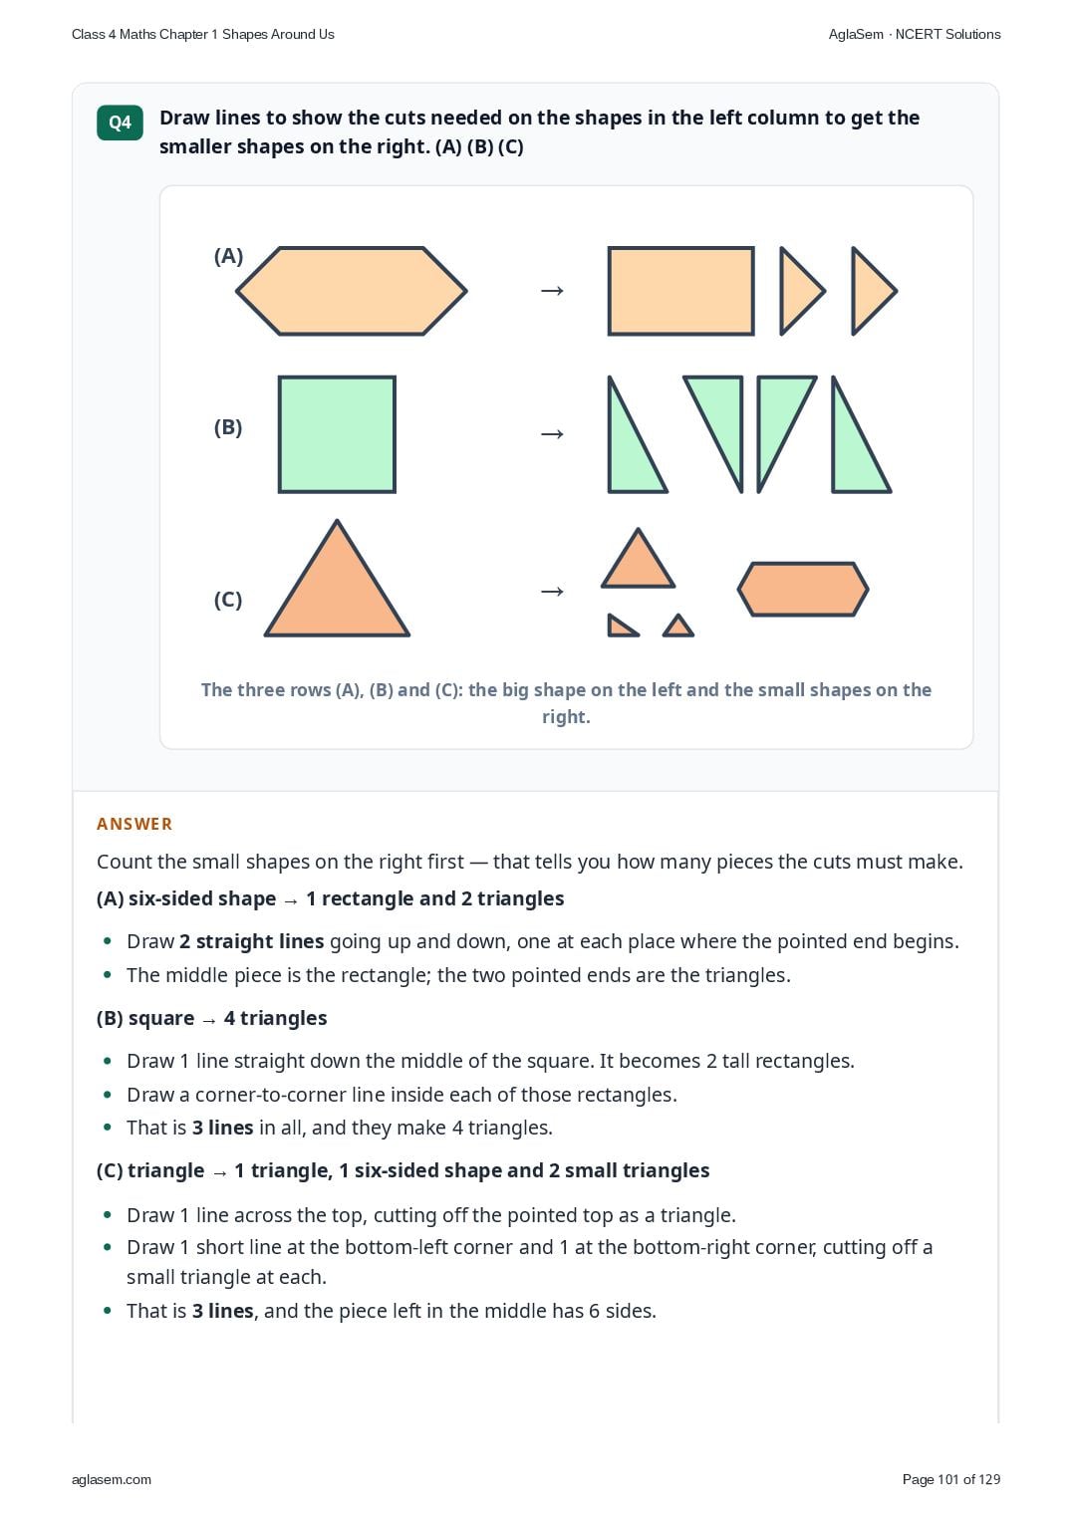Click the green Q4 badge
[120, 123]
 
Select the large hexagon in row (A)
[352, 291]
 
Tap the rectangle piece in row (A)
[680, 291]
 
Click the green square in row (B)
[337, 434]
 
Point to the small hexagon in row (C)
[803, 589]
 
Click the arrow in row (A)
[552, 291]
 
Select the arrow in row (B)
[552, 434]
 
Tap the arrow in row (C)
[552, 592]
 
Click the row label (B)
[228, 427]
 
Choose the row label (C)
[228, 600]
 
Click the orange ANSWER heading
[134, 824]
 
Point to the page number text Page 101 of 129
[950, 1479]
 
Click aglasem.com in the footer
[112, 1479]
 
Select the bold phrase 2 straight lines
[252, 941]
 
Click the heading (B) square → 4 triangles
[212, 1018]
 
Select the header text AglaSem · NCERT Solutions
[915, 35]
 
